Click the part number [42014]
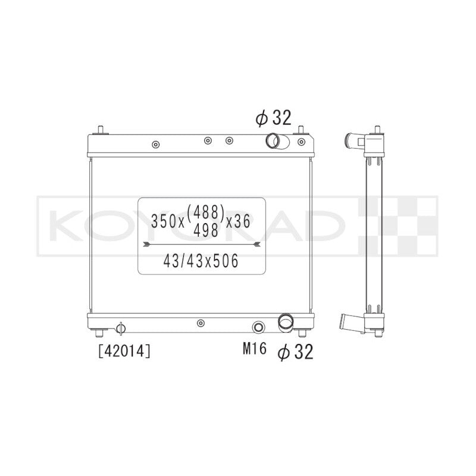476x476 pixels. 124,351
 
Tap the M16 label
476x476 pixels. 255,349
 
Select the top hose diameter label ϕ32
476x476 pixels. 273,118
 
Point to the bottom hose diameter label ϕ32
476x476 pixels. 295,352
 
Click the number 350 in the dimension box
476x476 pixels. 164,221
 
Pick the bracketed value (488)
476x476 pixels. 206,212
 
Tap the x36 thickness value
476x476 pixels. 239,221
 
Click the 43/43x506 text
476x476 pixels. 201,261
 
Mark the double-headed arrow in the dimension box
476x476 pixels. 202,244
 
